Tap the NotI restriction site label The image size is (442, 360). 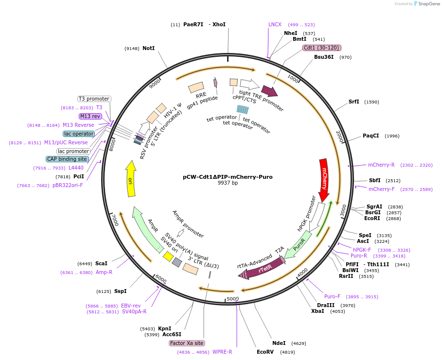click(x=148, y=49)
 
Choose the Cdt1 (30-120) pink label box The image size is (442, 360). click(x=321, y=48)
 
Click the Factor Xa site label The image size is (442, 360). click(x=186, y=343)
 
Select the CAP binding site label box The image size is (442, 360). click(x=68, y=159)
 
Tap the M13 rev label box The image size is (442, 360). click(x=90, y=116)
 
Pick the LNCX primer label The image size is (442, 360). click(x=275, y=24)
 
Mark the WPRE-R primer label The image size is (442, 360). click(x=222, y=352)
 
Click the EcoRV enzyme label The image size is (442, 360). click(x=265, y=352)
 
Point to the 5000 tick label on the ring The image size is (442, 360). click(x=233, y=298)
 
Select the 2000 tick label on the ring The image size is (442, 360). click(x=339, y=137)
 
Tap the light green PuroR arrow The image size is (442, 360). click(x=298, y=246)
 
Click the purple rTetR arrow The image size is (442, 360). click(x=264, y=268)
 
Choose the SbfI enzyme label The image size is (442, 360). click(x=374, y=180)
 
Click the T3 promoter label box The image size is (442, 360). click(x=94, y=99)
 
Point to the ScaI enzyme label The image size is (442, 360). click(x=101, y=263)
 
